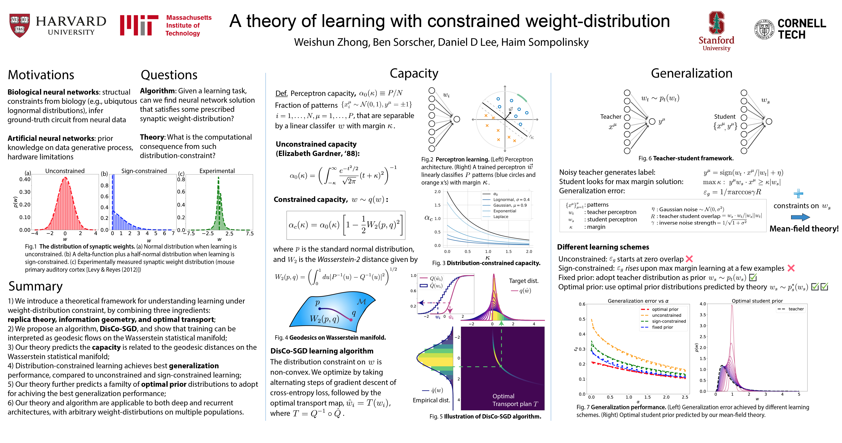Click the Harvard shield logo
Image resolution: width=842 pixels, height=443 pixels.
click(20, 25)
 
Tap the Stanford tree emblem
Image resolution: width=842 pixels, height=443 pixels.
click(716, 23)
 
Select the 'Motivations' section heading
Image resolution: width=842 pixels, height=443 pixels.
click(41, 75)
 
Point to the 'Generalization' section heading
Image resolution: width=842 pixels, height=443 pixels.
click(691, 73)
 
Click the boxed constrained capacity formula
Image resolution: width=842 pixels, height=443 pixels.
click(346, 225)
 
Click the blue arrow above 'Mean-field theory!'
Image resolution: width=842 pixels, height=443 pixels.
click(800, 217)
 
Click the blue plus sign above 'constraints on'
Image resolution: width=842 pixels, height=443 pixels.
click(798, 194)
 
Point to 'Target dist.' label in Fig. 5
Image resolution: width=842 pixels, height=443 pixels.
click(523, 281)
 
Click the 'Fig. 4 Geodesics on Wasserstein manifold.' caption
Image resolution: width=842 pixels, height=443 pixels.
click(330, 337)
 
